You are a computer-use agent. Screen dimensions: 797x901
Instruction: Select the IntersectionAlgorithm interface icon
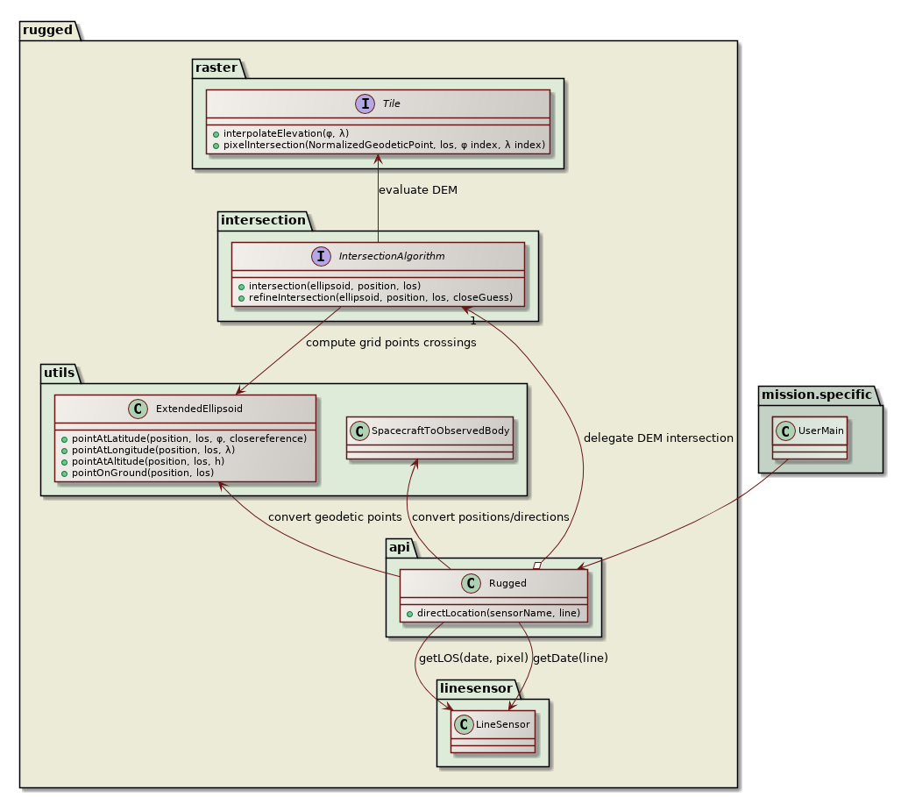[321, 257]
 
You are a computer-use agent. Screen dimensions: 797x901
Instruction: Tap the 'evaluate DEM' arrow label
[417, 189]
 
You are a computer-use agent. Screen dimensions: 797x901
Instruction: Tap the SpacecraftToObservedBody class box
[429, 438]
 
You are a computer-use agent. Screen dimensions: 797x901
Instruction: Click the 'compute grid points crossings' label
[391, 343]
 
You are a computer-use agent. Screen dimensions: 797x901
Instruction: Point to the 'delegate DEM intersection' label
[658, 438]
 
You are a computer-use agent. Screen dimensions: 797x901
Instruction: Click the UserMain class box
[810, 438]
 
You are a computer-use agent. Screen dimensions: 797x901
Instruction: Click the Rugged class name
[507, 583]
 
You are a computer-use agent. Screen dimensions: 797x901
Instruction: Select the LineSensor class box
[493, 731]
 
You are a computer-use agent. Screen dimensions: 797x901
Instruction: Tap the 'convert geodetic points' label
[335, 516]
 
